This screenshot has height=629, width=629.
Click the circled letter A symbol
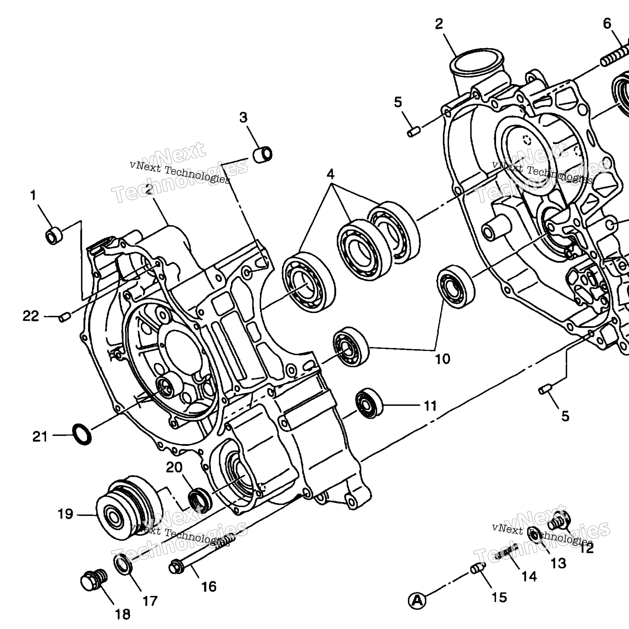[417, 601]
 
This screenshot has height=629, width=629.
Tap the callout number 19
[65, 514]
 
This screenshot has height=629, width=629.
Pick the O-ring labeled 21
[82, 435]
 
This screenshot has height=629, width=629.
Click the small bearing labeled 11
[369, 403]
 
